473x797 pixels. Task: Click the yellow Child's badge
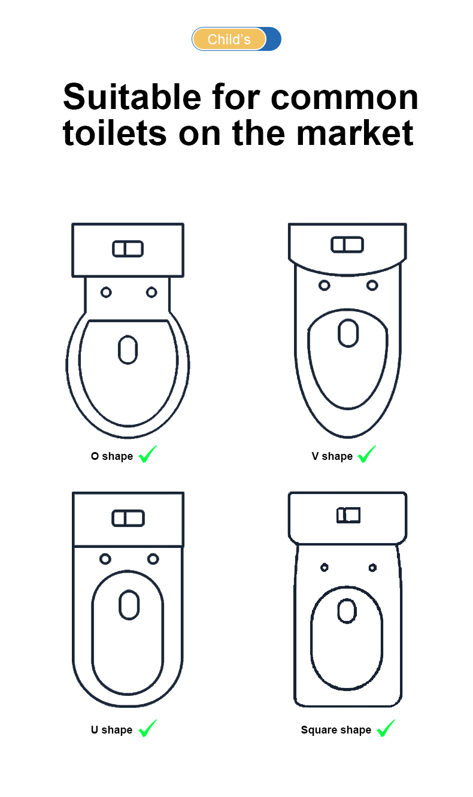click(229, 39)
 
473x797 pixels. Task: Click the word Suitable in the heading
click(132, 97)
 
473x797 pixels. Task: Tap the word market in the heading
click(355, 133)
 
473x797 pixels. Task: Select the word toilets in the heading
click(114, 133)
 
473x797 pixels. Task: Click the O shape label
click(112, 456)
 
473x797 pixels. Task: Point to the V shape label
click(332, 456)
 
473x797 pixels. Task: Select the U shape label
click(112, 730)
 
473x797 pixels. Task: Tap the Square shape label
click(336, 730)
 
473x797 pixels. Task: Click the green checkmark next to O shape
click(148, 454)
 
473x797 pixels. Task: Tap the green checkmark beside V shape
click(366, 454)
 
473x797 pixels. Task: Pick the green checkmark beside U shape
click(148, 728)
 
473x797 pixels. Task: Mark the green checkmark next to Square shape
click(386, 728)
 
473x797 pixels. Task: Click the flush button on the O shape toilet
click(128, 249)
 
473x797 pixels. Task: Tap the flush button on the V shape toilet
click(347, 245)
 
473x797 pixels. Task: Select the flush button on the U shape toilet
click(128, 518)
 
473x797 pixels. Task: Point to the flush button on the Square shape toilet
click(348, 515)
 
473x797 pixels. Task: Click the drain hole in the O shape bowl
click(128, 350)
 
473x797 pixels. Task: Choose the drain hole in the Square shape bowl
click(347, 611)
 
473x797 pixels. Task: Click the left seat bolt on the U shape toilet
click(105, 559)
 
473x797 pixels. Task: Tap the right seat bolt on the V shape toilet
click(372, 286)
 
